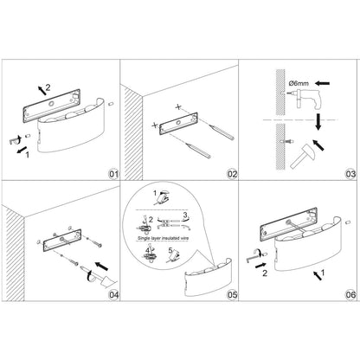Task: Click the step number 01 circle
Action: (113, 174)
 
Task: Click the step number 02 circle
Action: (232, 174)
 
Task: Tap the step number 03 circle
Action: (350, 174)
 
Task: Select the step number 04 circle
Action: (113, 295)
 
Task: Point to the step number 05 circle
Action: (232, 295)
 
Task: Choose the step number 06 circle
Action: (350, 295)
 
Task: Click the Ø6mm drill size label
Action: (299, 84)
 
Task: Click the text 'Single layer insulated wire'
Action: (163, 238)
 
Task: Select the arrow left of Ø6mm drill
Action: (322, 83)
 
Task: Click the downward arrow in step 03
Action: (318, 122)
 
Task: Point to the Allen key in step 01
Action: (15, 140)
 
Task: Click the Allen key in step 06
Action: (254, 257)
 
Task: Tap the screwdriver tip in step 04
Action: (80, 267)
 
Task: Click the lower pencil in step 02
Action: (198, 151)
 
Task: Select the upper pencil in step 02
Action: (222, 132)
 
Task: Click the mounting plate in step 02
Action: (178, 124)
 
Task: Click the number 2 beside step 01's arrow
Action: (48, 87)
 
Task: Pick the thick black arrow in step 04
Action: (101, 267)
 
